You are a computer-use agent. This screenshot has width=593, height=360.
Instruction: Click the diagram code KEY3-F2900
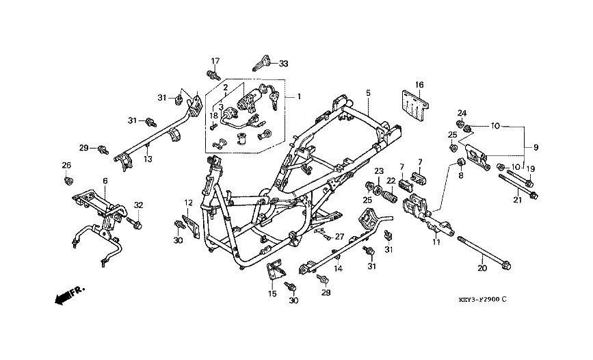point(482,300)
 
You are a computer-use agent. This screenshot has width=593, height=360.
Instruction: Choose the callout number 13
point(147,159)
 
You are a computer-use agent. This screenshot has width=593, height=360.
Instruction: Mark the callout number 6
point(105,181)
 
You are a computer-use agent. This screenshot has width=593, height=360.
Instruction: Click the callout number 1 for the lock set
point(298,97)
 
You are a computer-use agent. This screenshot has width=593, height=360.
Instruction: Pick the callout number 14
point(337,269)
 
